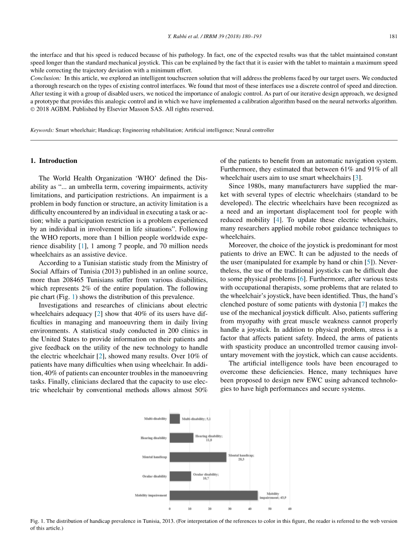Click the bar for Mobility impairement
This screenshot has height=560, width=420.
pos(213,495)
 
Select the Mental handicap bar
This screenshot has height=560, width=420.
pos(198,457)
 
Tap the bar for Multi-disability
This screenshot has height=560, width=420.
pos(175,418)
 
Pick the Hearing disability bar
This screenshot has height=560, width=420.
pos(182,437)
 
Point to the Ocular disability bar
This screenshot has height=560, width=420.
pos(180,476)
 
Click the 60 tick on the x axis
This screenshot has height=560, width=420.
pos(290,508)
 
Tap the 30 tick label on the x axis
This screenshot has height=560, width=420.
pos(230,508)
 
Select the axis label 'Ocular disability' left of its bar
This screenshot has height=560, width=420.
pos(153,476)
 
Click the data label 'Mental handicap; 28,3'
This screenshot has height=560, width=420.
pos(241,457)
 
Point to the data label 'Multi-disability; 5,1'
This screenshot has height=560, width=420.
pos(196,418)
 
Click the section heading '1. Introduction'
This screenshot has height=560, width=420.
pos(54,161)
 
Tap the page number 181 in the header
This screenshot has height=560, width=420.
pos(393,36)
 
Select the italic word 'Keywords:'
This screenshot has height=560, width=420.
pos(42,130)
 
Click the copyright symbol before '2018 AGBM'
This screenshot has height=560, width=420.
pos(33,109)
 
